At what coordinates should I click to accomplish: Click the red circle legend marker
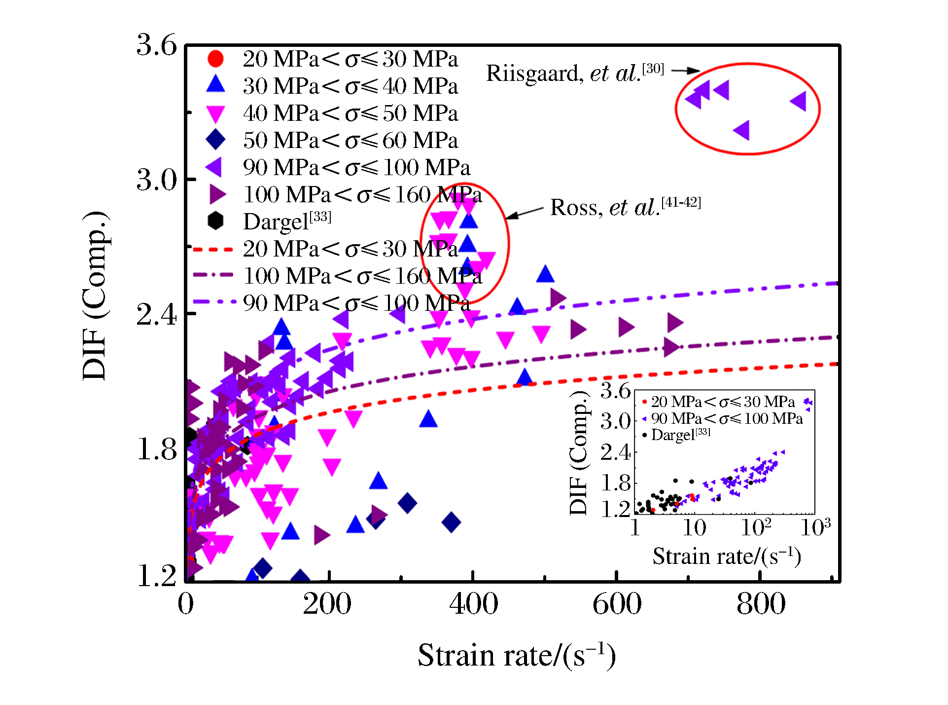215,59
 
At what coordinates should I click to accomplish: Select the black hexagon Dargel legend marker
215,221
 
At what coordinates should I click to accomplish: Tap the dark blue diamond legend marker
215,140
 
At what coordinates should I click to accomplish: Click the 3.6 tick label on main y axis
156,45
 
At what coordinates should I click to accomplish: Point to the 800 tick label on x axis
761,604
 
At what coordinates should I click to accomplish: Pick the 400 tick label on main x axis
473,604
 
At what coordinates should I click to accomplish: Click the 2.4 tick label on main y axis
156,314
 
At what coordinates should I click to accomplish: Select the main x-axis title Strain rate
516,656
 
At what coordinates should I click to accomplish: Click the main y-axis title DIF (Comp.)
95,296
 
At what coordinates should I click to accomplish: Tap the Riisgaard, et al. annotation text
575,73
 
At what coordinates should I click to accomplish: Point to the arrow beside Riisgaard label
685,71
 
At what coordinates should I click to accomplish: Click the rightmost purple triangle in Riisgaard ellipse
798,101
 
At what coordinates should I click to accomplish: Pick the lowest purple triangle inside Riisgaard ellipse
741,130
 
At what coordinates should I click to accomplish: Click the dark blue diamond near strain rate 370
451,522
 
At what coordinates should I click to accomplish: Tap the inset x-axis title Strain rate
726,557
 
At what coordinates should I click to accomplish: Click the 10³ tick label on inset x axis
815,527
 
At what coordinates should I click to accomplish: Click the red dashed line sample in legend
213,249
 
